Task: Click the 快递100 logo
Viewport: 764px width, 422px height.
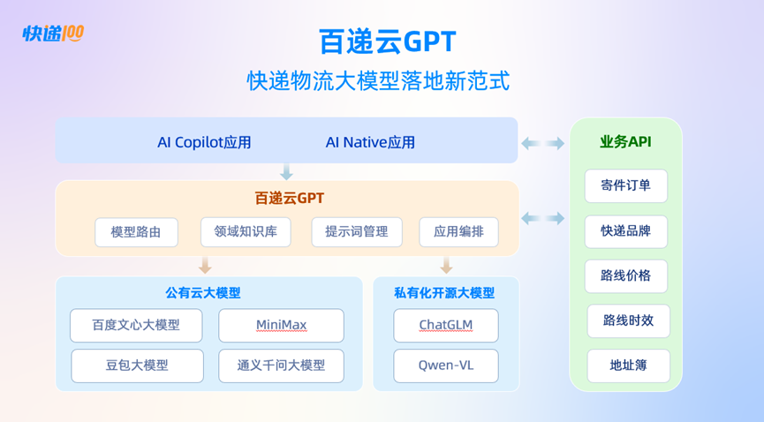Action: [53, 34]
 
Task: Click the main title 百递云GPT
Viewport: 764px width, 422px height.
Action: [388, 41]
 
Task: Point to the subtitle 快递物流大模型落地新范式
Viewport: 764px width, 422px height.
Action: [378, 81]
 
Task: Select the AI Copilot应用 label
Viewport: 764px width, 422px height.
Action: [204, 142]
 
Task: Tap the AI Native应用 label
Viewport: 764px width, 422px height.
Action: [370, 142]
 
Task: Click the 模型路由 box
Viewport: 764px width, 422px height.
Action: [136, 232]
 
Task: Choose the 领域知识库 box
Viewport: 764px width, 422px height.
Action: [246, 232]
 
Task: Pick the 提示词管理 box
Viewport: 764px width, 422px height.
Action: [356, 232]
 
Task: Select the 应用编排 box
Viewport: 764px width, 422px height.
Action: [458, 232]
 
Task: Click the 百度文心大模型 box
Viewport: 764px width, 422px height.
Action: [136, 325]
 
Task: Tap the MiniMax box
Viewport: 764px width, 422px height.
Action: [281, 325]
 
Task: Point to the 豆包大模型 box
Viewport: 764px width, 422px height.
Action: [137, 365]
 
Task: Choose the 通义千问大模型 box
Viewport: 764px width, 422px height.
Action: [281, 365]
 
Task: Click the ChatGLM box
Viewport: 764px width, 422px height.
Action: [445, 325]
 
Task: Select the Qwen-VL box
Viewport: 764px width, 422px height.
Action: [445, 365]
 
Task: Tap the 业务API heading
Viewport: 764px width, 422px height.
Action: [625, 142]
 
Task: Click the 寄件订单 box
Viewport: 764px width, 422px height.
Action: [625, 185]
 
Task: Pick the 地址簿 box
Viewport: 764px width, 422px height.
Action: [628, 365]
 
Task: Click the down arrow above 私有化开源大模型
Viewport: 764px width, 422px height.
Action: [446, 265]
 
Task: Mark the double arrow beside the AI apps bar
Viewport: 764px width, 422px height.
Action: [542, 143]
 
